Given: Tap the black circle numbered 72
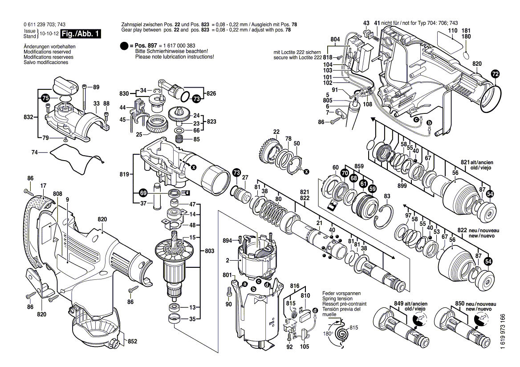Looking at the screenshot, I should click(x=496, y=74).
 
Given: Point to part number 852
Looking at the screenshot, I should click(x=132, y=342).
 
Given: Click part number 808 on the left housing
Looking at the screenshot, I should click(x=57, y=194).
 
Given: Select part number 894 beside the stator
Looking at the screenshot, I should click(x=227, y=241).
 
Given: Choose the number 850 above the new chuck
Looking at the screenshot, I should click(x=460, y=303).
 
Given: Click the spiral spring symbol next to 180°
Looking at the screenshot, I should click(x=342, y=333).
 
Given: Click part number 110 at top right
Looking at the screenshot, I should click(x=452, y=30).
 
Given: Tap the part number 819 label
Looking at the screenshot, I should click(x=125, y=175).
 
